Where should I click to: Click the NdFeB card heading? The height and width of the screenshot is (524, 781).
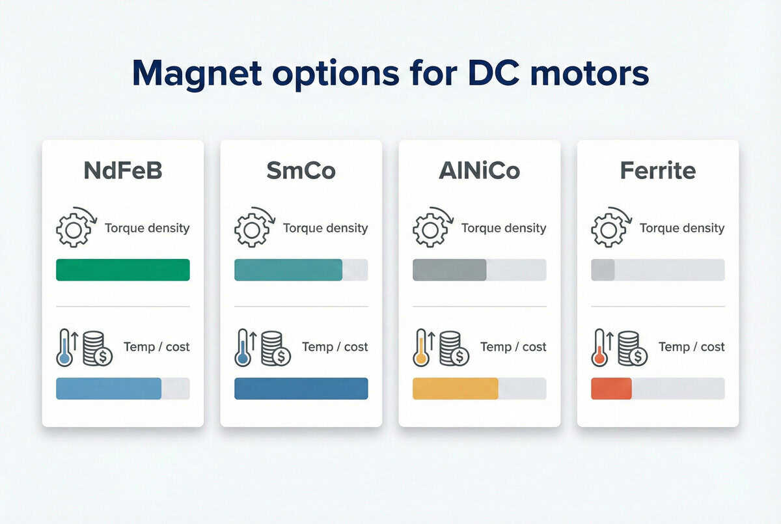pos(123,171)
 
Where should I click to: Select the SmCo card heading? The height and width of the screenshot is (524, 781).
pos(301,171)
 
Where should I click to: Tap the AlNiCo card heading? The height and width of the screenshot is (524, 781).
pos(479,171)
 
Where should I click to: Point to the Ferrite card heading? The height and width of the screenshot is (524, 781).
pos(657,171)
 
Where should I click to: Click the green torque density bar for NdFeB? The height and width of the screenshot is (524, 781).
pos(123,269)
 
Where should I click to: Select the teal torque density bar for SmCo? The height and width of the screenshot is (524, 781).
pos(288,269)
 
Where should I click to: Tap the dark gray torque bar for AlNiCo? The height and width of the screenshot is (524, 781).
pos(450,269)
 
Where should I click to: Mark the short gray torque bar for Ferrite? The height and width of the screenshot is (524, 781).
pos(603,269)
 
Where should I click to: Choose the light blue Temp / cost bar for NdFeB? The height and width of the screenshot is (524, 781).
pos(109,389)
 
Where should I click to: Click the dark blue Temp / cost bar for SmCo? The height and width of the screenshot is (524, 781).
pos(301,389)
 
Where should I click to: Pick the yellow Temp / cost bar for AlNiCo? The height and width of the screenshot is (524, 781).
pos(456,389)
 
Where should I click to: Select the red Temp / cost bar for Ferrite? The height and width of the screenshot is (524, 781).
pos(611,389)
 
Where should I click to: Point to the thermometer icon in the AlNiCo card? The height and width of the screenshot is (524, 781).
pos(422,348)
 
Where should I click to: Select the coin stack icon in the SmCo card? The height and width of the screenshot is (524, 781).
pos(275,348)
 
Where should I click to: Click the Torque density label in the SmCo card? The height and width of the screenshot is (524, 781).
pos(325,228)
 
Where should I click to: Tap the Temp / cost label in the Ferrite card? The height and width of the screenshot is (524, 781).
pos(691,347)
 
